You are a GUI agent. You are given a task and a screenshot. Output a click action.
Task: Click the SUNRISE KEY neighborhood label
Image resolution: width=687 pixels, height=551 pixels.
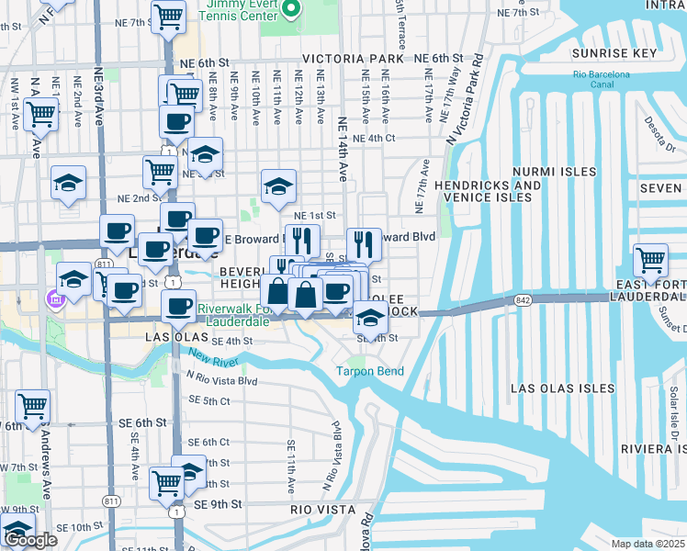coord(614,53)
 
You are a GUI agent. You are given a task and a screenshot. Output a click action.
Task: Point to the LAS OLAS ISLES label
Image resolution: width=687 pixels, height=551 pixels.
coord(562,388)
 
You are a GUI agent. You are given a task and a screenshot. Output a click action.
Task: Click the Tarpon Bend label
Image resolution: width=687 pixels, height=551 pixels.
coord(369,372)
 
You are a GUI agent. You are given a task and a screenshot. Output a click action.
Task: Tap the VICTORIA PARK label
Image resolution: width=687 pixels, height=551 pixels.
coord(358,59)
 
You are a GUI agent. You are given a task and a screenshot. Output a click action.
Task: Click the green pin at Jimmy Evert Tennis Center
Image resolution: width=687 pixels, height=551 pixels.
coord(291,9)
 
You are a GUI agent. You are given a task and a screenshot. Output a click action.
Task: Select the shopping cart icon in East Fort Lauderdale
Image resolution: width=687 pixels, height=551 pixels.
coord(650,260)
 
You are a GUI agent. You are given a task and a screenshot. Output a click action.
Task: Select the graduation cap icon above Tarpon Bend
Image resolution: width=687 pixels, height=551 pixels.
coord(370,319)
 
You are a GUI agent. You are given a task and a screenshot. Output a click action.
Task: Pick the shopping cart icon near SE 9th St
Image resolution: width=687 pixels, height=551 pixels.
coord(167,481)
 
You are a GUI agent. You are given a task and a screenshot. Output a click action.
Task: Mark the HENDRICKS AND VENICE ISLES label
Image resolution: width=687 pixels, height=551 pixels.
coord(488,191)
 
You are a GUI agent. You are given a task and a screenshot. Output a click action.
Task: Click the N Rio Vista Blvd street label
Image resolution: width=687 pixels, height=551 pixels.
coord(221,379)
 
